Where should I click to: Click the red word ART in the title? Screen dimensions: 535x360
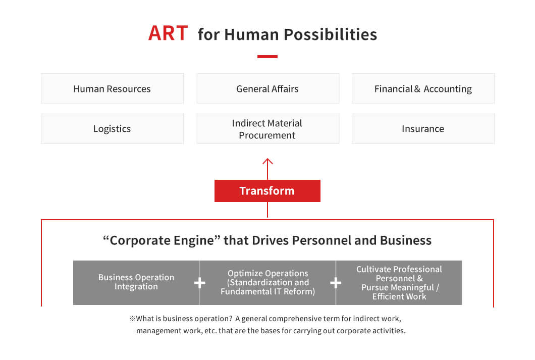click(168, 33)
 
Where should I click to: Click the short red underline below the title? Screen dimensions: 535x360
click(268, 57)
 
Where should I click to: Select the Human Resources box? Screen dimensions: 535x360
click(112, 88)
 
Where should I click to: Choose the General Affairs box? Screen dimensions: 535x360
click(268, 88)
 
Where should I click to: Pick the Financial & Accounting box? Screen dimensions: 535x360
click(423, 88)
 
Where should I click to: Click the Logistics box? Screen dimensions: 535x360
click(112, 129)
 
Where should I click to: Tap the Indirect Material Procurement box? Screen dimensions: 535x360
click(268, 129)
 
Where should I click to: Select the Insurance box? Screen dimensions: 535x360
click(423, 129)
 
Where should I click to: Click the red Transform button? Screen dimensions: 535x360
click(268, 191)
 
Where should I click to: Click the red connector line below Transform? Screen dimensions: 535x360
click(268, 210)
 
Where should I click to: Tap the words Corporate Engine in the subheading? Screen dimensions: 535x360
click(162, 240)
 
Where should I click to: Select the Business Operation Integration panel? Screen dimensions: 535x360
click(136, 283)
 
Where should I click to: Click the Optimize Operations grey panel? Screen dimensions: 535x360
click(268, 283)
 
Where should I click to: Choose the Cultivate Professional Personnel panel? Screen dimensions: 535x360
click(399, 283)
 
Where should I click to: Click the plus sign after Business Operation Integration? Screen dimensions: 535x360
click(199, 283)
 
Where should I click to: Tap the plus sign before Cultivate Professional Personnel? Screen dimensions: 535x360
click(336, 283)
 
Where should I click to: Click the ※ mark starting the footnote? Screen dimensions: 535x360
click(132, 319)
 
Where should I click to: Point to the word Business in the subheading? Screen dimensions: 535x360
click(406, 240)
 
